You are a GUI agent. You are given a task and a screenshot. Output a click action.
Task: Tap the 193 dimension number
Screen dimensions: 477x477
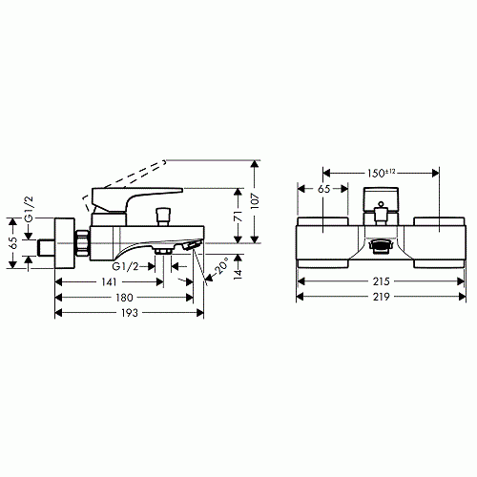pyautogui.click(x=128, y=316)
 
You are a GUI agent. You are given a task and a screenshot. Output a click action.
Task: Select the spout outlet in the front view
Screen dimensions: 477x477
pyautogui.click(x=379, y=244)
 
